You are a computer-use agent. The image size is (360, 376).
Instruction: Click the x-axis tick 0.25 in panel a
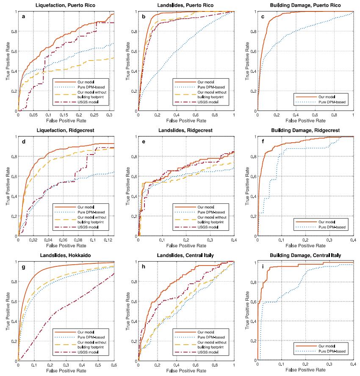[x=109, y=115]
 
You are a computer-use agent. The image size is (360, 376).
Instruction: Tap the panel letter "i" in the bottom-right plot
[x=264, y=268]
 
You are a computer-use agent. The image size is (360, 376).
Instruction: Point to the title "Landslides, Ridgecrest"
[x=186, y=130]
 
